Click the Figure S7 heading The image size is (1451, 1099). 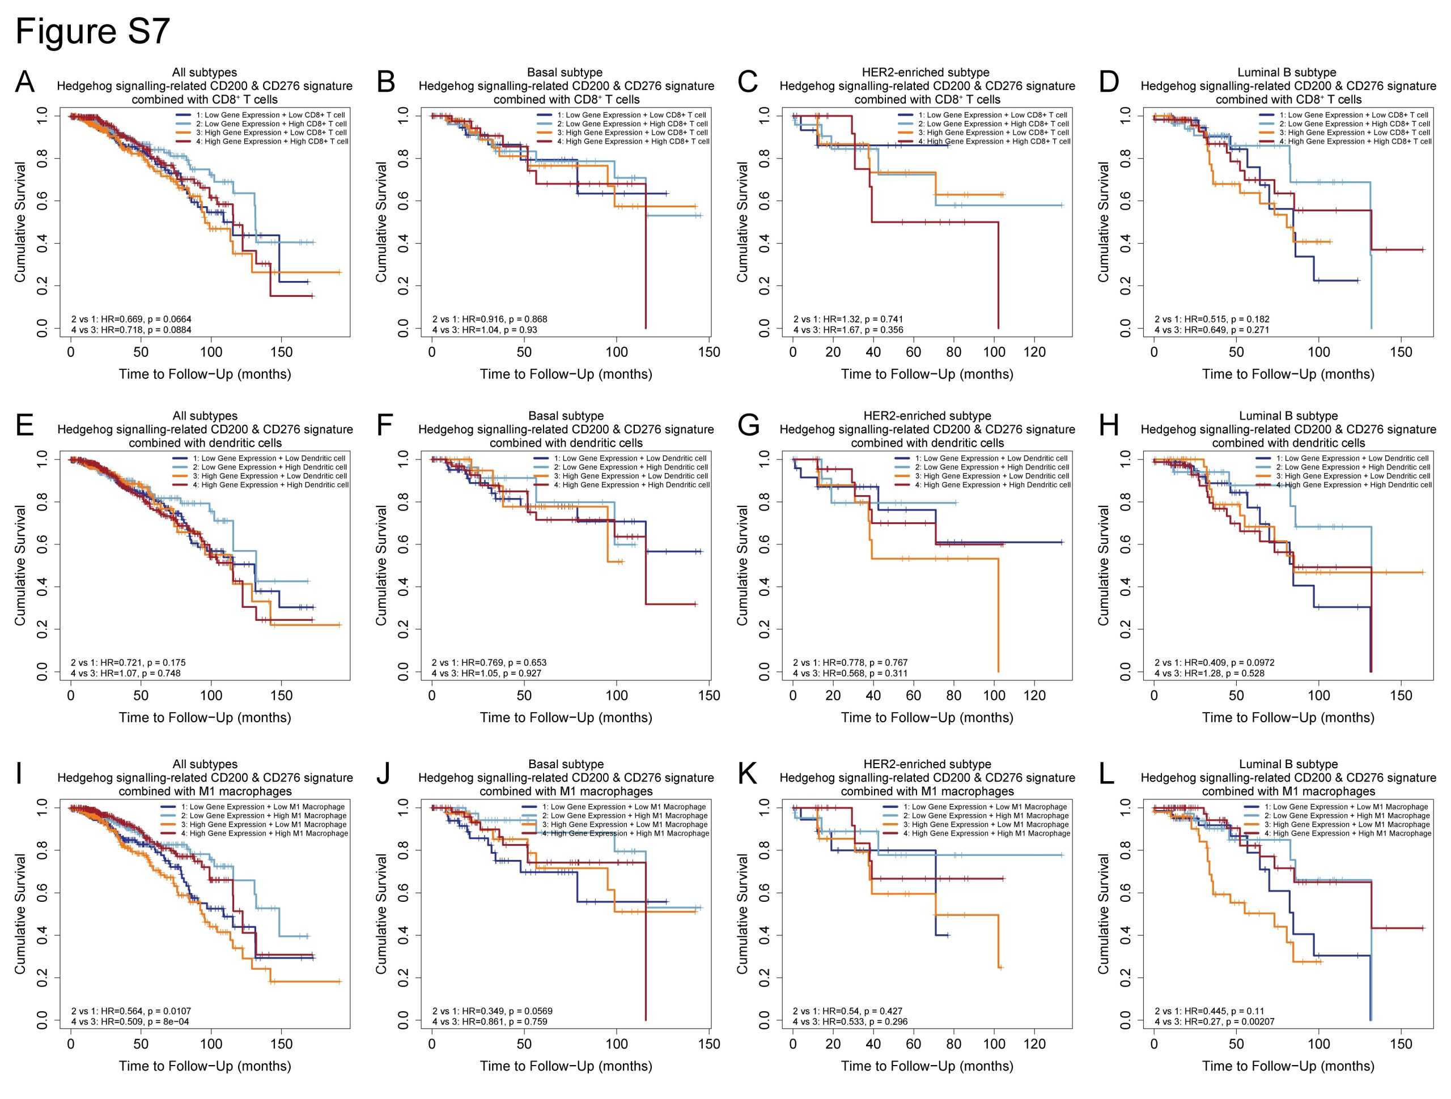coord(92,31)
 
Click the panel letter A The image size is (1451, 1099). coord(24,83)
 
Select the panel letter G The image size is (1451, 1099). coord(749,425)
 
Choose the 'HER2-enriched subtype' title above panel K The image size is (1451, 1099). coord(927,764)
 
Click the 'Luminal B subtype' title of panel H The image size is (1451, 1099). coord(1288,416)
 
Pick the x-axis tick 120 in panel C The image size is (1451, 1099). coord(1034,352)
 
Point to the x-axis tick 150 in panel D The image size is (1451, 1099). coord(1401,352)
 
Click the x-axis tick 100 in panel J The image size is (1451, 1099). coord(617,1044)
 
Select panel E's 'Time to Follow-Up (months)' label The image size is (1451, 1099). coord(205,718)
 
